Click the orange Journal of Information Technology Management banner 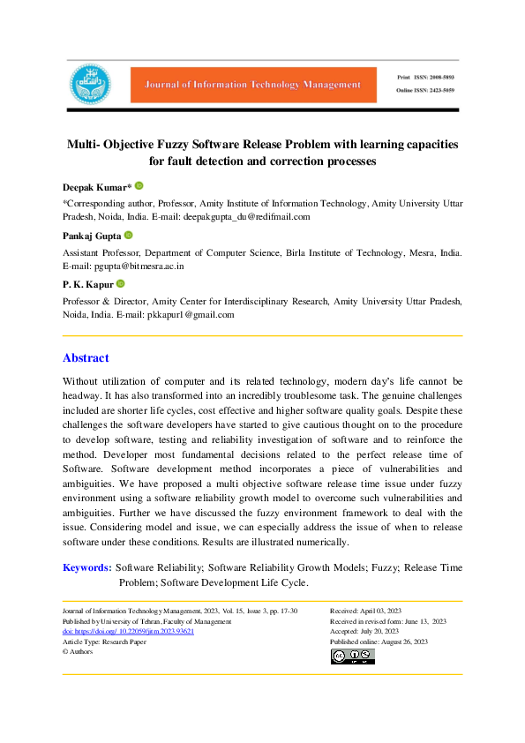pos(247,85)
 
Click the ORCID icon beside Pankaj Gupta pos(129,236)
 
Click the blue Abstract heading pos(86,357)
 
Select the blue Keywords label pos(86,567)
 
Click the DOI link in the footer pos(128,632)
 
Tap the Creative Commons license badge pos(353,656)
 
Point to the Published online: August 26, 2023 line pos(379,642)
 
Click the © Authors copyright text pos(78,652)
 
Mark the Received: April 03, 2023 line pos(365,611)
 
